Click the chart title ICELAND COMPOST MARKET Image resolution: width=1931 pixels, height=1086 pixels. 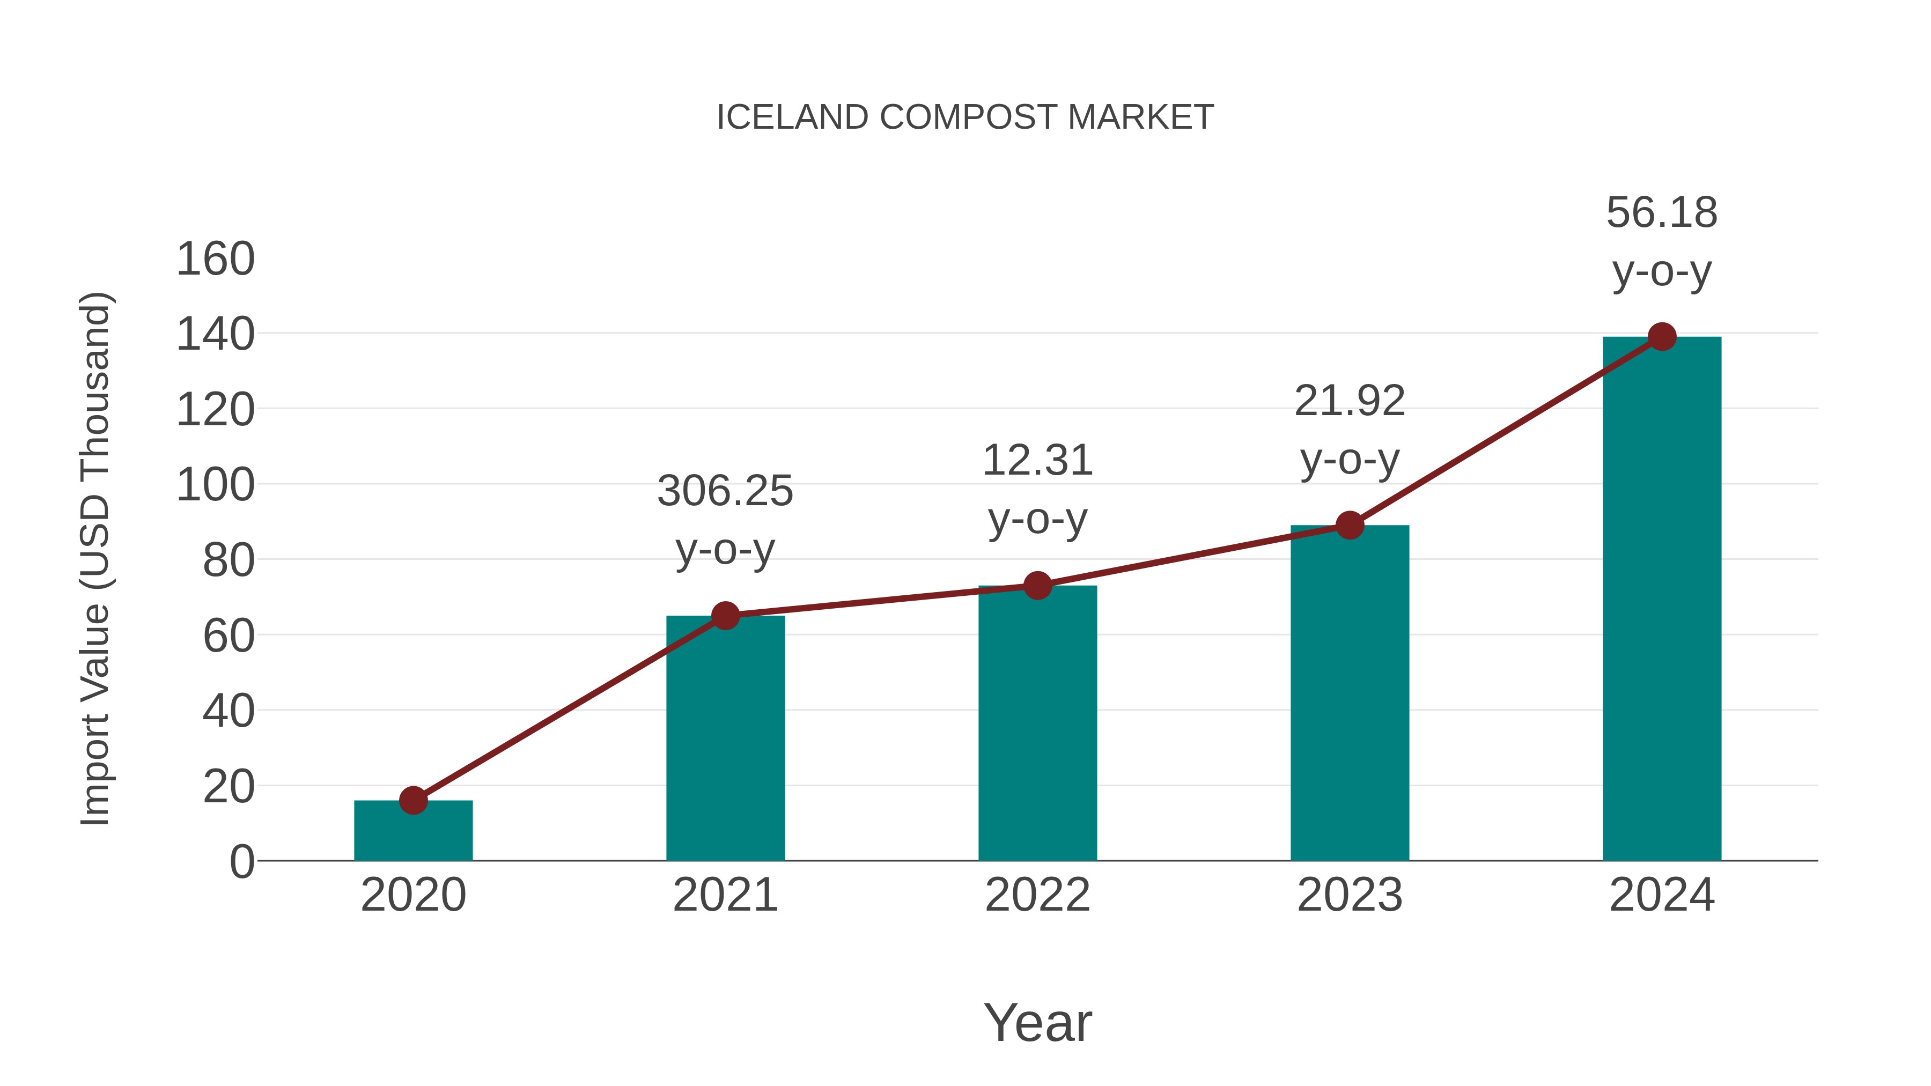pos(965,117)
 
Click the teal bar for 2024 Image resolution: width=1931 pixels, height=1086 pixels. pos(1662,600)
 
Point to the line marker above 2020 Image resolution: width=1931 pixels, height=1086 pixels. pos(413,801)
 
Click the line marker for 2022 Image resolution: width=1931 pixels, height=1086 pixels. pos(1037,585)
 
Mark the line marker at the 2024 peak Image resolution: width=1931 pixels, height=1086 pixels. pos(1662,336)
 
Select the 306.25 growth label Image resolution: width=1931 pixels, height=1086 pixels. pos(725,492)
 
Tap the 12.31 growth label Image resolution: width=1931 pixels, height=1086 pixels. pos(1037,461)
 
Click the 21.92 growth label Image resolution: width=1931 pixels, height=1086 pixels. pos(1350,401)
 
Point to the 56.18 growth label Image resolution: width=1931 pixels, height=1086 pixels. pos(1662,213)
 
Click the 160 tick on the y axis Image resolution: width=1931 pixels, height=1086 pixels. pos(215,260)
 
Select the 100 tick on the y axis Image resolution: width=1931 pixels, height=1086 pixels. pos(215,486)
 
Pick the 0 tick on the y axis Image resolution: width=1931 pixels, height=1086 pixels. pos(241,862)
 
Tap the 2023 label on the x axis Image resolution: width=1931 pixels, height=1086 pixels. pos(1350,895)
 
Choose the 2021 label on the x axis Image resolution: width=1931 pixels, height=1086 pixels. pos(725,895)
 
